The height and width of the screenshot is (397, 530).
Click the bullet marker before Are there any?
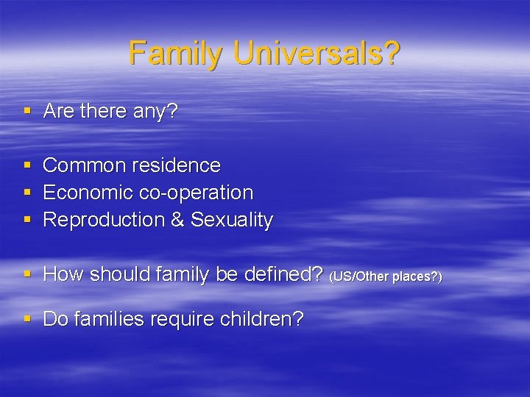27,112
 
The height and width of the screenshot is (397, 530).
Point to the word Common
84,165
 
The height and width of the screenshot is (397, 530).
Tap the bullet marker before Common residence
27,166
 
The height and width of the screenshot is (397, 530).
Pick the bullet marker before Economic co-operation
27,193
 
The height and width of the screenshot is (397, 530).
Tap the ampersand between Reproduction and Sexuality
177,220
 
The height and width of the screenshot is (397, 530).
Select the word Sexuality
232,220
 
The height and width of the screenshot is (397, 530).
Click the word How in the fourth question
61,274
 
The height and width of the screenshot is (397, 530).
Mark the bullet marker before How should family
27,275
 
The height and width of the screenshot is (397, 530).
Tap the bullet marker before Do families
27,321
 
